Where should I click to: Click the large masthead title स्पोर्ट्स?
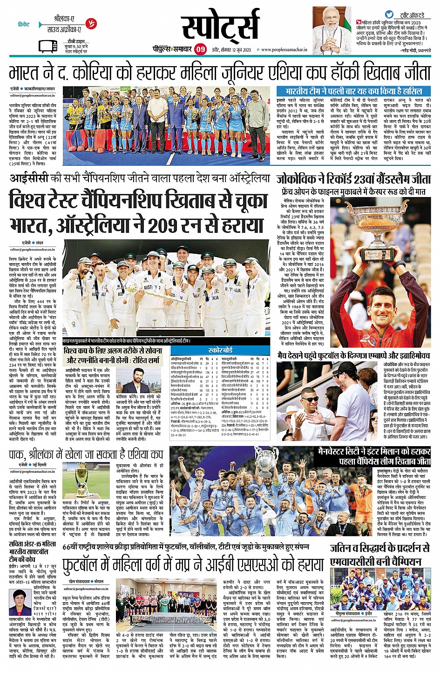[219, 26]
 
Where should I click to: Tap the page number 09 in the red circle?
[200, 49]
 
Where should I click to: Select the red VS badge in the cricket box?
[91, 23]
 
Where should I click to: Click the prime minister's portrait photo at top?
[332, 30]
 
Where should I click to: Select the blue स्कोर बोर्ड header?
[220, 350]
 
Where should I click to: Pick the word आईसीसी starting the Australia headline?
[29, 178]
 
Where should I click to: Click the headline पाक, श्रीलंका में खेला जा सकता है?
[86, 455]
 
